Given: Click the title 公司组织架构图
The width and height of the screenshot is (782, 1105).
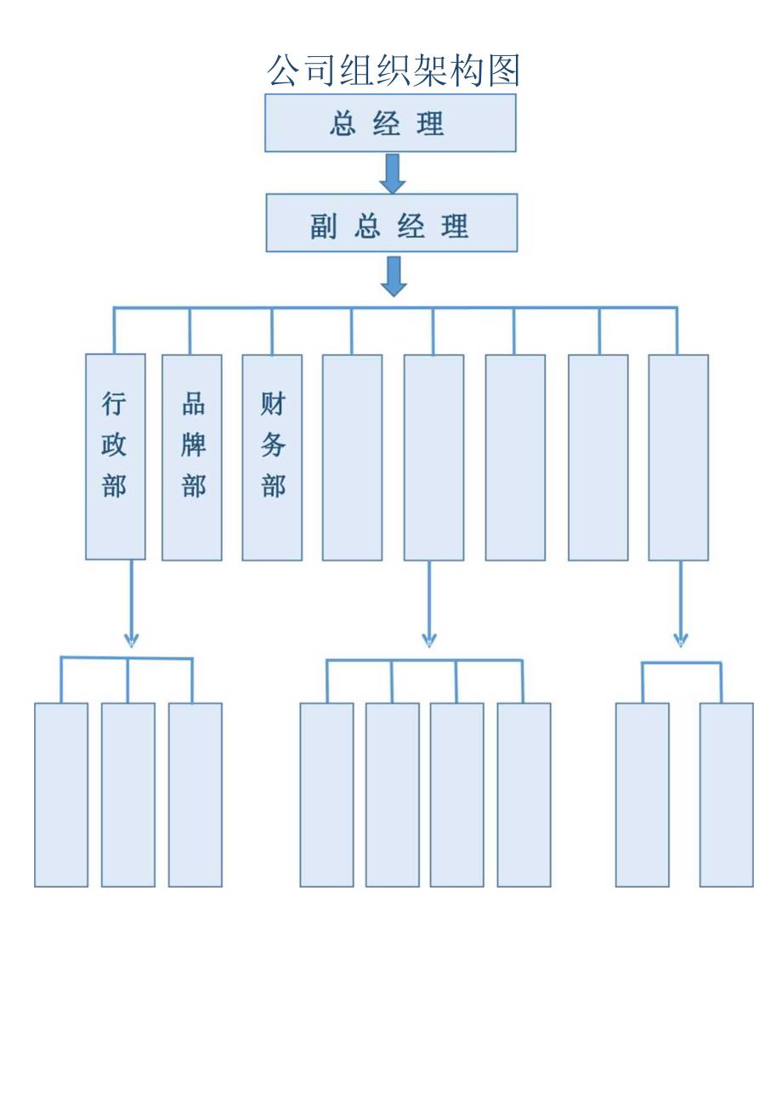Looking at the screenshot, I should pyautogui.click(x=393, y=70).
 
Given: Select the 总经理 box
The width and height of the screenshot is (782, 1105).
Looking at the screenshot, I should pyautogui.click(x=390, y=123).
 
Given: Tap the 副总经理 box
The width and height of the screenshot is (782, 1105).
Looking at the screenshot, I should pyautogui.click(x=391, y=223).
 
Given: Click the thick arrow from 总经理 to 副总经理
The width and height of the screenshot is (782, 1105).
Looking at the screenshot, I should pyautogui.click(x=392, y=173).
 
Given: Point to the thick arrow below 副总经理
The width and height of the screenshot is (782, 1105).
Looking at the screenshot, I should pyautogui.click(x=393, y=275).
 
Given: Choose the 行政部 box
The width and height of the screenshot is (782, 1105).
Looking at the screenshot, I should pyautogui.click(x=116, y=457).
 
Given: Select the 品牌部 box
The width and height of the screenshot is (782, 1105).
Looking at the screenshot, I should pyautogui.click(x=192, y=458).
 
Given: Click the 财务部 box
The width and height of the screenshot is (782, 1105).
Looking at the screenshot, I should pyautogui.click(x=272, y=458).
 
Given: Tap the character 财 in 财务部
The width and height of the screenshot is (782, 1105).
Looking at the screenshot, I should pyautogui.click(x=273, y=404).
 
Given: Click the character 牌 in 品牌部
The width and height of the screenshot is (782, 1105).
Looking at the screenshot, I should pyautogui.click(x=194, y=445).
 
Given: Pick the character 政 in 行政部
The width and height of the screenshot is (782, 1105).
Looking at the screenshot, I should pyautogui.click(x=114, y=445).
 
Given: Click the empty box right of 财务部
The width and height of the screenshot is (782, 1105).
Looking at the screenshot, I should pyautogui.click(x=352, y=458).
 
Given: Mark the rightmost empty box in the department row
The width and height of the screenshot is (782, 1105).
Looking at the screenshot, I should pyautogui.click(x=678, y=458).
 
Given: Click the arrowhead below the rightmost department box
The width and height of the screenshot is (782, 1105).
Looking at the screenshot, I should pyautogui.click(x=681, y=639).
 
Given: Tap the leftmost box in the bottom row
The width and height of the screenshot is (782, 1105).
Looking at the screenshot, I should pyautogui.click(x=61, y=795).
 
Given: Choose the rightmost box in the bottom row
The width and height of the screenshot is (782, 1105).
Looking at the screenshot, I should pyautogui.click(x=727, y=795).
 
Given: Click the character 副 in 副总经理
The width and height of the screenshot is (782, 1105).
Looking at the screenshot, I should pyautogui.click(x=324, y=227).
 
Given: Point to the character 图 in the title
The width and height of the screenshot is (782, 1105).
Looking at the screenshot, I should pyautogui.click(x=503, y=70).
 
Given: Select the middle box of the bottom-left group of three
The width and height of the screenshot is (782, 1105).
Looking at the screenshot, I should pyautogui.click(x=128, y=795).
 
